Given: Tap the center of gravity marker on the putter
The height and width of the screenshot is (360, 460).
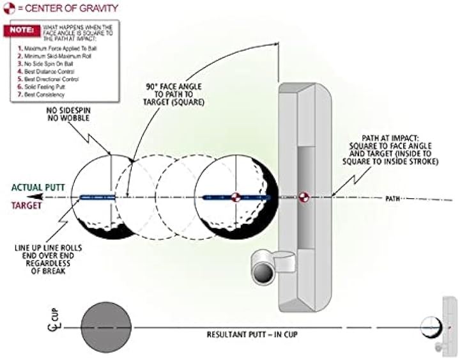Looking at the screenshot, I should click(x=303, y=197).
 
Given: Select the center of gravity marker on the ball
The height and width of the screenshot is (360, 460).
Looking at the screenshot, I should click(x=235, y=198).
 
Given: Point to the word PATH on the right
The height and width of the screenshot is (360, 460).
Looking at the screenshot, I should click(x=393, y=199).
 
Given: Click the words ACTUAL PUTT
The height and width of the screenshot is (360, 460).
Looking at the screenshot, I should click(x=37, y=187).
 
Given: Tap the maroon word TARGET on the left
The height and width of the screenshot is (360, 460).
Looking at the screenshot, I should click(x=26, y=206).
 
